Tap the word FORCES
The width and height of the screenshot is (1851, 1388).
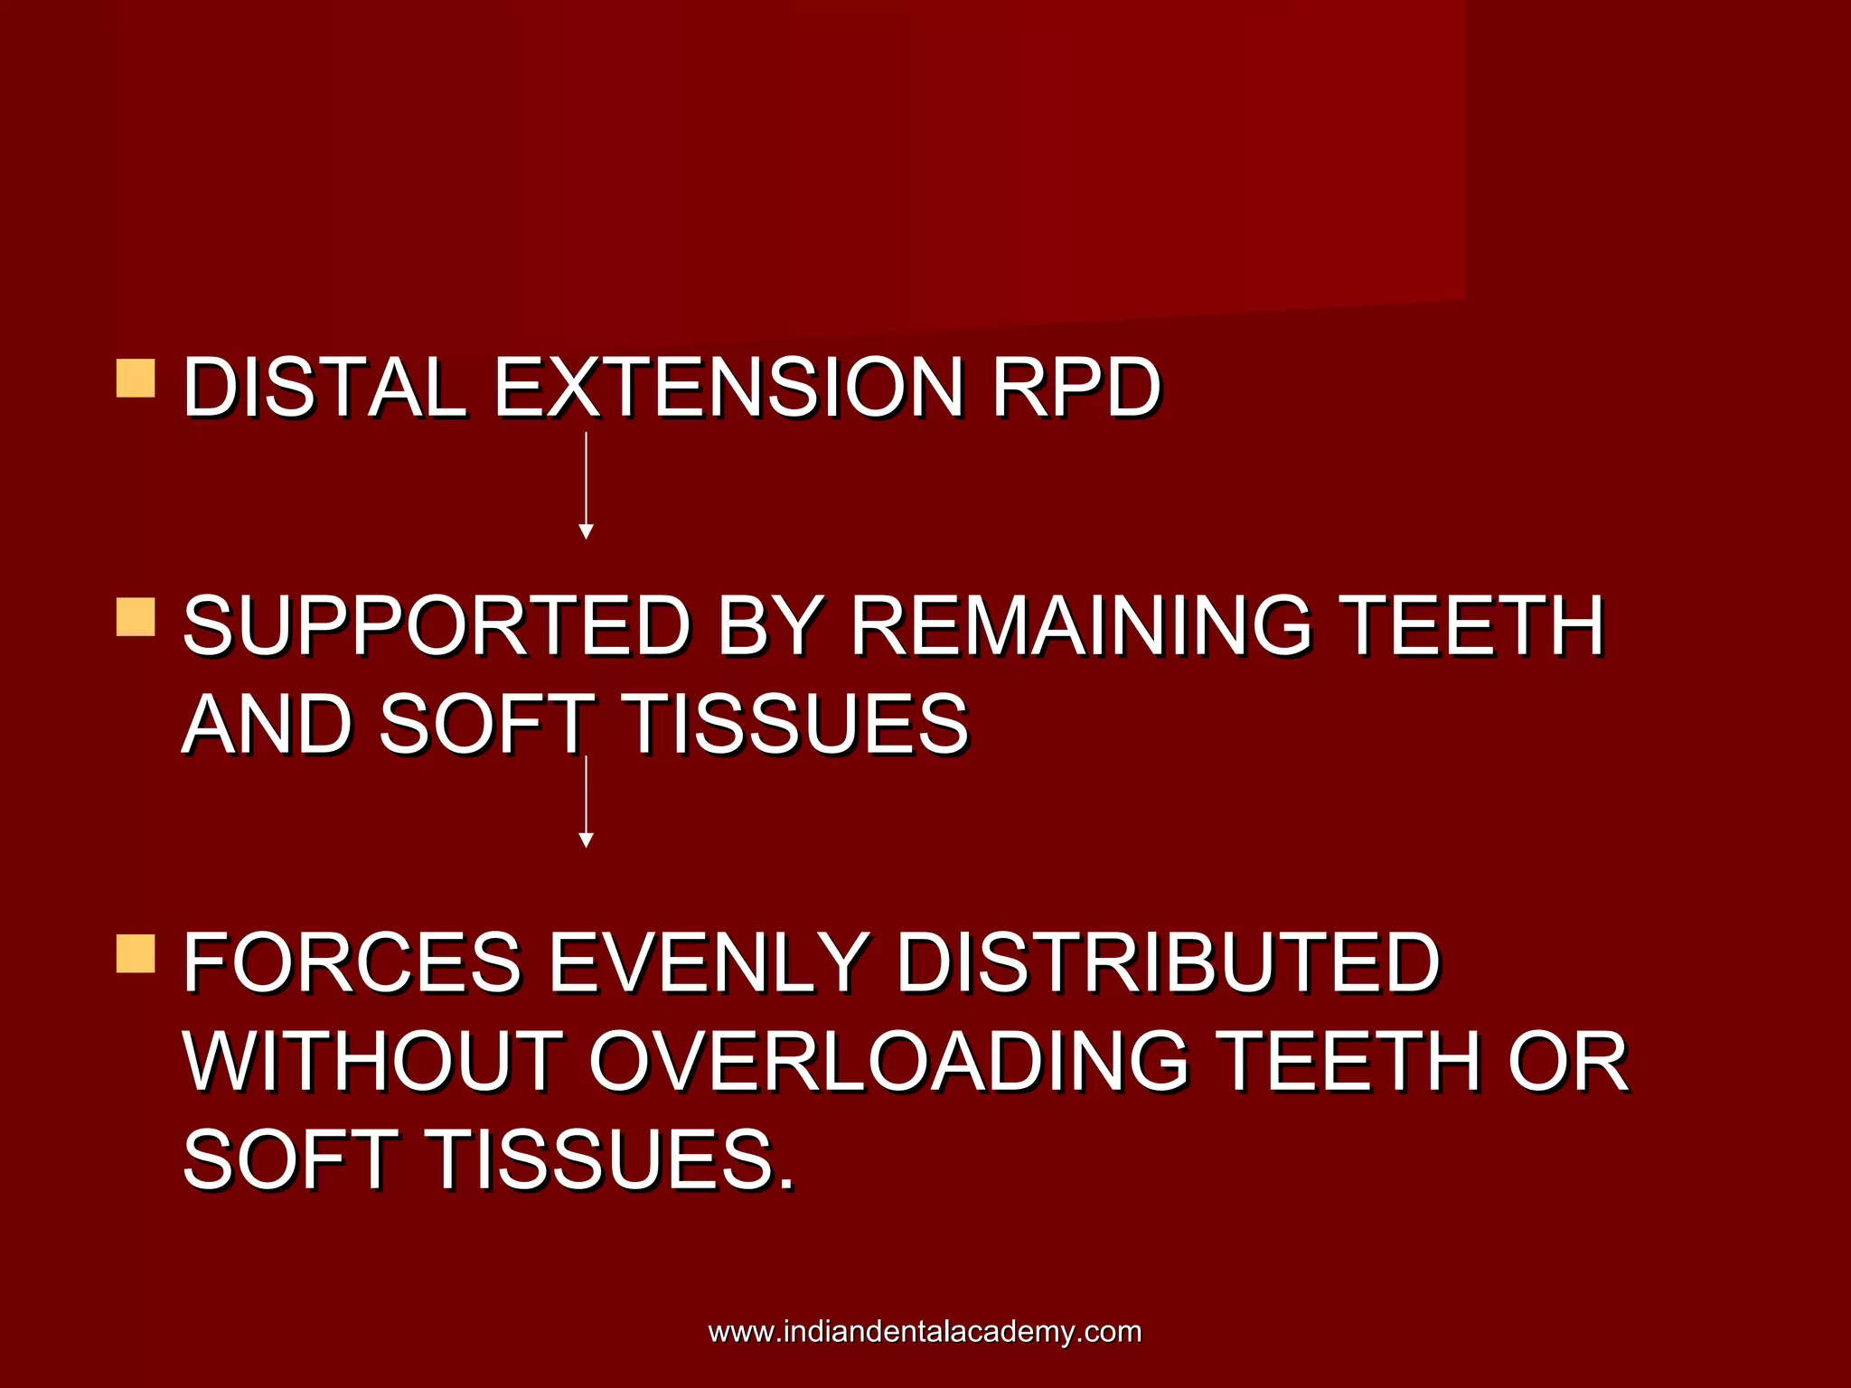tap(352, 962)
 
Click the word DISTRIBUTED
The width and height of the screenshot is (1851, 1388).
tap(1168, 962)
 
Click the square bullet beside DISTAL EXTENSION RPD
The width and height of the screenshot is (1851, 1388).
tap(136, 379)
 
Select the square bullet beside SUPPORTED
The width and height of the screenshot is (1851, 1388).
tap(136, 617)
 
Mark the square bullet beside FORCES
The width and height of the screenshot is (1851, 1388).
tap(136, 954)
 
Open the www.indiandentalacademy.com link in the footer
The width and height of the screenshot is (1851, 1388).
tap(925, 1331)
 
